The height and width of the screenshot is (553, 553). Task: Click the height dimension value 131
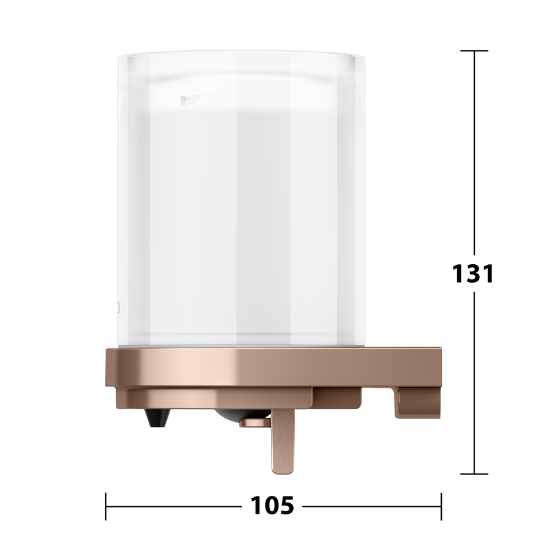[x=473, y=273]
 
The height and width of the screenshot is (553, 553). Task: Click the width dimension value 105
[x=272, y=506]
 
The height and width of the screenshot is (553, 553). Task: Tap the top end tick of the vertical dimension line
[x=474, y=51]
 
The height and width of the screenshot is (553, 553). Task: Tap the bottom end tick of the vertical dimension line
[x=474, y=474]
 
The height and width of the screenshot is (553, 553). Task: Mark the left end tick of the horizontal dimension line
[x=106, y=506]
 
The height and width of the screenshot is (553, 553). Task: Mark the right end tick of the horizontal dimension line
[x=441, y=506]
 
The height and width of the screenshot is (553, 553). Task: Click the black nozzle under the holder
[x=158, y=418]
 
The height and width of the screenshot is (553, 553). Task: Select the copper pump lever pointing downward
[x=283, y=441]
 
